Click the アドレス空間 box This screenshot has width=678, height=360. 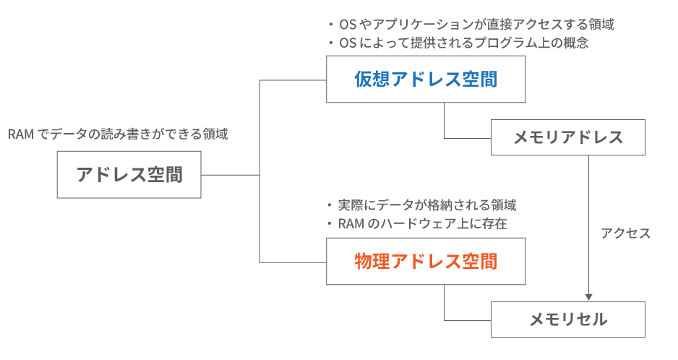pyautogui.click(x=129, y=174)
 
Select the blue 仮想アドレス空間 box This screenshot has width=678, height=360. pyautogui.click(x=426, y=80)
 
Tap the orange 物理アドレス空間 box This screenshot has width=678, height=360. pyautogui.click(x=426, y=261)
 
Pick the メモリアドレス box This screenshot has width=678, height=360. pyautogui.click(x=567, y=137)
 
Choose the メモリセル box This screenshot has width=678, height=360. pyautogui.click(x=567, y=320)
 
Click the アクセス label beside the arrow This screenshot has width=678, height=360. pyautogui.click(x=626, y=233)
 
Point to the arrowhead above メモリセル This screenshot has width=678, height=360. pyautogui.click(x=589, y=297)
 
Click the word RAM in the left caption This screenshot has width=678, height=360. pyautogui.click(x=21, y=134)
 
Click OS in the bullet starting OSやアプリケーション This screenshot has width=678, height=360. pyautogui.click(x=347, y=25)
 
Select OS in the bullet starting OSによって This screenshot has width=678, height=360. pyautogui.click(x=347, y=43)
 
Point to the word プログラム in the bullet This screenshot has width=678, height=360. pyautogui.click(x=501, y=43)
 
